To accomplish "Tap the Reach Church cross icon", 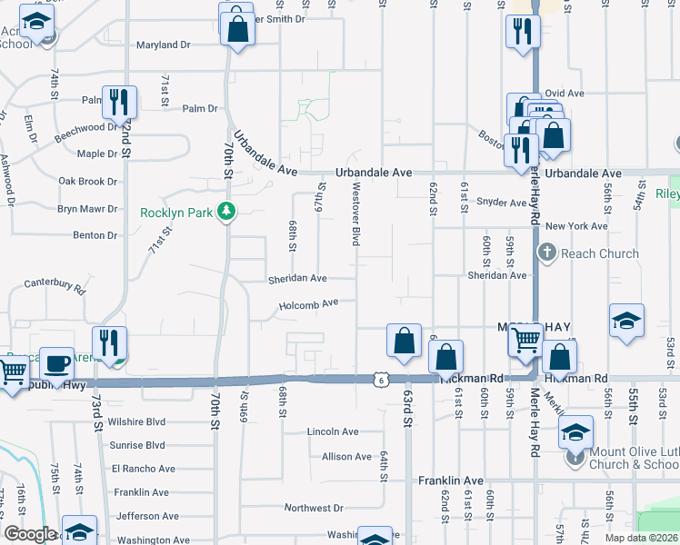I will (547, 253).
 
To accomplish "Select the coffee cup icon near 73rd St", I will (56, 363).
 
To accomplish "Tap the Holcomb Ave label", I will (308, 304).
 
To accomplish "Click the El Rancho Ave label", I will (143, 469).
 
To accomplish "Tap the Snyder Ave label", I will (504, 203).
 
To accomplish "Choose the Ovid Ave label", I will (565, 93).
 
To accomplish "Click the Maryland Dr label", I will (164, 45).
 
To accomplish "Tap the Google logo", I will (30, 533).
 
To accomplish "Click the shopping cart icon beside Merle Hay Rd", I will (525, 340).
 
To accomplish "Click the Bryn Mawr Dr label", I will (88, 208).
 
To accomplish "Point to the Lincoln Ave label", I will (333, 431).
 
